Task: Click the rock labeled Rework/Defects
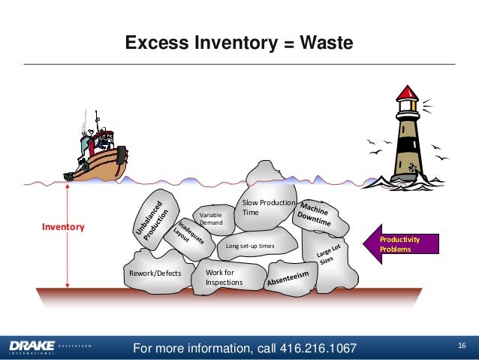tap(155, 274)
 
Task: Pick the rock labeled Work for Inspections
tap(227, 276)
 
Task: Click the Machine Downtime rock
tap(321, 216)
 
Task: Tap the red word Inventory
tap(63, 226)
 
